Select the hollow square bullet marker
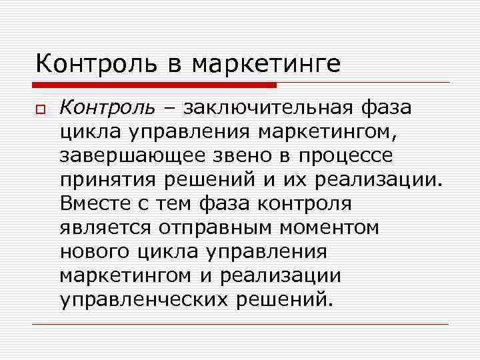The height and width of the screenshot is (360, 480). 41,108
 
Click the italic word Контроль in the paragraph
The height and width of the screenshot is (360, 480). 107,107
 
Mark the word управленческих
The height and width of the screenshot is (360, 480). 144,299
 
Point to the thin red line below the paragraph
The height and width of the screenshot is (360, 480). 240,324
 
